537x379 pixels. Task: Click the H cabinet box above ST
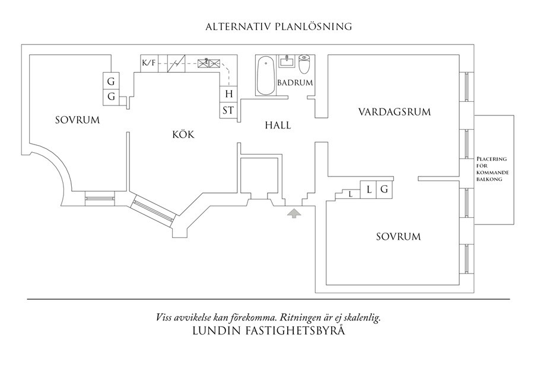(x=228, y=94)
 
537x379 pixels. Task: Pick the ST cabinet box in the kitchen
(x=228, y=110)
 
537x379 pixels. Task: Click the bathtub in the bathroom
(x=265, y=75)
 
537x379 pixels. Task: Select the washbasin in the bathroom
(x=287, y=62)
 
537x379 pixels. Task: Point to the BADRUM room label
(x=295, y=83)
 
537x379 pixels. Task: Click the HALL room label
(x=278, y=126)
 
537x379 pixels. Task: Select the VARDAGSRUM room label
(x=394, y=111)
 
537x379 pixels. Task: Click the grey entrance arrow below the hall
(x=294, y=213)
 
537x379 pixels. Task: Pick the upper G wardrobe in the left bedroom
(x=111, y=81)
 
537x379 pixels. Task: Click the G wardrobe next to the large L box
(x=384, y=190)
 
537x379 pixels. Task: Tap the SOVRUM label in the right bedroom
(x=398, y=237)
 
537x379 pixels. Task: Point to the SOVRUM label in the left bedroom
(x=77, y=120)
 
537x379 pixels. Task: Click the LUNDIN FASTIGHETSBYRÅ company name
(x=268, y=331)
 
